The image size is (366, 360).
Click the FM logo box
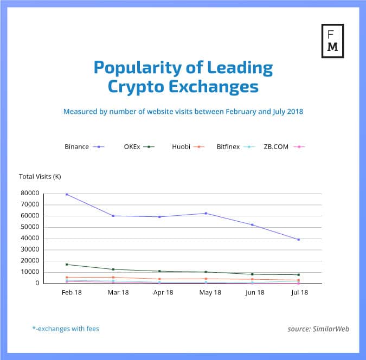click(x=332, y=40)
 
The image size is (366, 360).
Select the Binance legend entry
click(x=84, y=147)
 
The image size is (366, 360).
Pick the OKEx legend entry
click(x=139, y=147)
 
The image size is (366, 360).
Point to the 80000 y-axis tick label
click(x=31, y=193)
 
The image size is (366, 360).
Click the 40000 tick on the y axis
click(x=31, y=238)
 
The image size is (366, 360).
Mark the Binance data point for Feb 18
click(x=67, y=194)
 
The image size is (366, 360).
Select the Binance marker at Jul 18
click(x=299, y=240)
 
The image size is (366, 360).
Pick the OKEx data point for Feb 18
click(x=67, y=265)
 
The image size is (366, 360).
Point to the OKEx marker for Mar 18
click(x=113, y=269)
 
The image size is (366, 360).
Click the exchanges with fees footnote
click(x=66, y=328)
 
